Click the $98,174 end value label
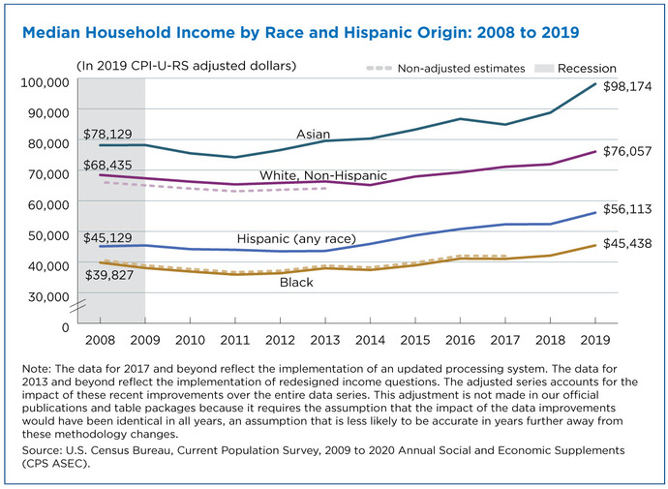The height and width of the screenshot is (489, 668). [627, 87]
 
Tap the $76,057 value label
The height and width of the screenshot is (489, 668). [627, 152]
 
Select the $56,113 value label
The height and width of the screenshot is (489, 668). [627, 209]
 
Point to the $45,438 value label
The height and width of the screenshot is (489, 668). [627, 244]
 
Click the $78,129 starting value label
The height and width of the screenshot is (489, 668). [107, 135]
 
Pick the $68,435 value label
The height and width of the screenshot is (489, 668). [107, 165]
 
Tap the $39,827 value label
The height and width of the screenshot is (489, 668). [109, 275]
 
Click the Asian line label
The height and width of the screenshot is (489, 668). [313, 135]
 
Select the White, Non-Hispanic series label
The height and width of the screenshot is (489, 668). [323, 175]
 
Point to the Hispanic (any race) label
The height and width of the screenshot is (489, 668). [296, 238]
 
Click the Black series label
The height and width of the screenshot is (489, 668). [296, 283]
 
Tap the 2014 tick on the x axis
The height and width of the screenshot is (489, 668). [370, 340]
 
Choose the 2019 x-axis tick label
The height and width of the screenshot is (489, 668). [595, 340]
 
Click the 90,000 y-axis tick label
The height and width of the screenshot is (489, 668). [48, 113]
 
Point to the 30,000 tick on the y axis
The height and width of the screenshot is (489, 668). [48, 296]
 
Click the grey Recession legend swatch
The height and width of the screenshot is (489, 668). [544, 68]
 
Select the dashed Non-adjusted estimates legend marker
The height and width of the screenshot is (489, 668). [379, 68]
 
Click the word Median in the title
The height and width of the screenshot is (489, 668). [51, 33]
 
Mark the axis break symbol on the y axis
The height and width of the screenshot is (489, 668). [78, 305]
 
